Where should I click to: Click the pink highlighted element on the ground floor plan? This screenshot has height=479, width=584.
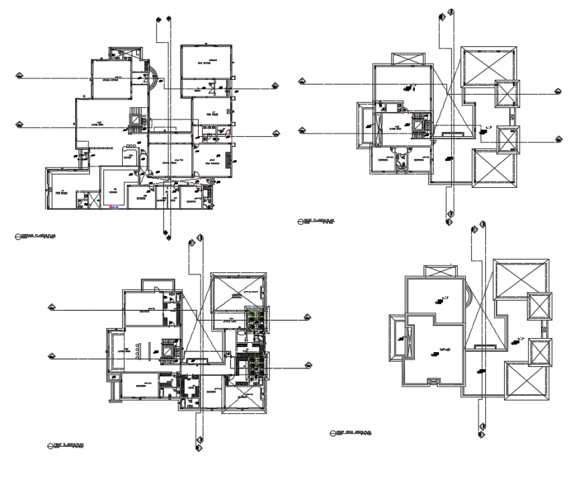tap(114, 208)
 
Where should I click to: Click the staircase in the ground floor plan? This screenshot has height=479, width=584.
tap(136, 119)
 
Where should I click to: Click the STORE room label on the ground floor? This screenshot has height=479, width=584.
tap(141, 199)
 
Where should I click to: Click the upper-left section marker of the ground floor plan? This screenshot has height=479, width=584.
tap(18, 76)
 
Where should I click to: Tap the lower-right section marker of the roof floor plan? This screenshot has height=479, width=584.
tap(558, 139)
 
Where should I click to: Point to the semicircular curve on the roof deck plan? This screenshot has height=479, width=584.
tap(467, 292)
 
